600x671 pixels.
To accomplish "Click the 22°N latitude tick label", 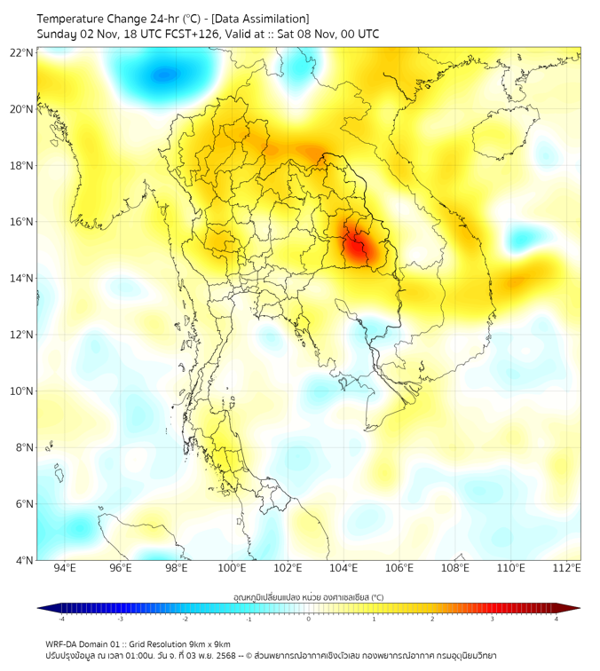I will coord(22,53).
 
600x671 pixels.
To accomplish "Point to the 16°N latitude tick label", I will coord(22,222).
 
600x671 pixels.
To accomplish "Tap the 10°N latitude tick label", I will coord(22,391).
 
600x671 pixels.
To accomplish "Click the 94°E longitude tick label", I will coord(65,568).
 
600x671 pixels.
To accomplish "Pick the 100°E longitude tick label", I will coord(233,568).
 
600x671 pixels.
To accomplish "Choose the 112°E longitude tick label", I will coord(567,568).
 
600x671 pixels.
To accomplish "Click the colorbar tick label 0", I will coord(309,620).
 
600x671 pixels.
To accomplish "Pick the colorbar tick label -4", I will coord(61,620).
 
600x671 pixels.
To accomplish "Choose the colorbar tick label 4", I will coord(556,620).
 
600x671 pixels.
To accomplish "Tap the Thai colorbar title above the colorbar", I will coord(308,597).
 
